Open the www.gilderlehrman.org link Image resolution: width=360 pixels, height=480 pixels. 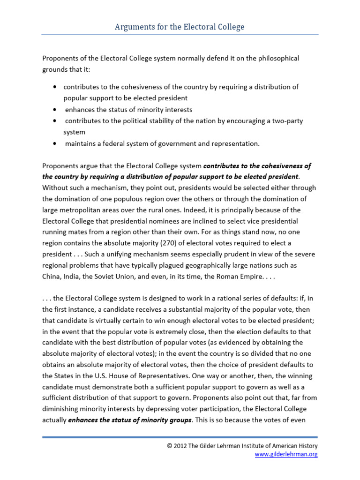coord(286,454)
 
